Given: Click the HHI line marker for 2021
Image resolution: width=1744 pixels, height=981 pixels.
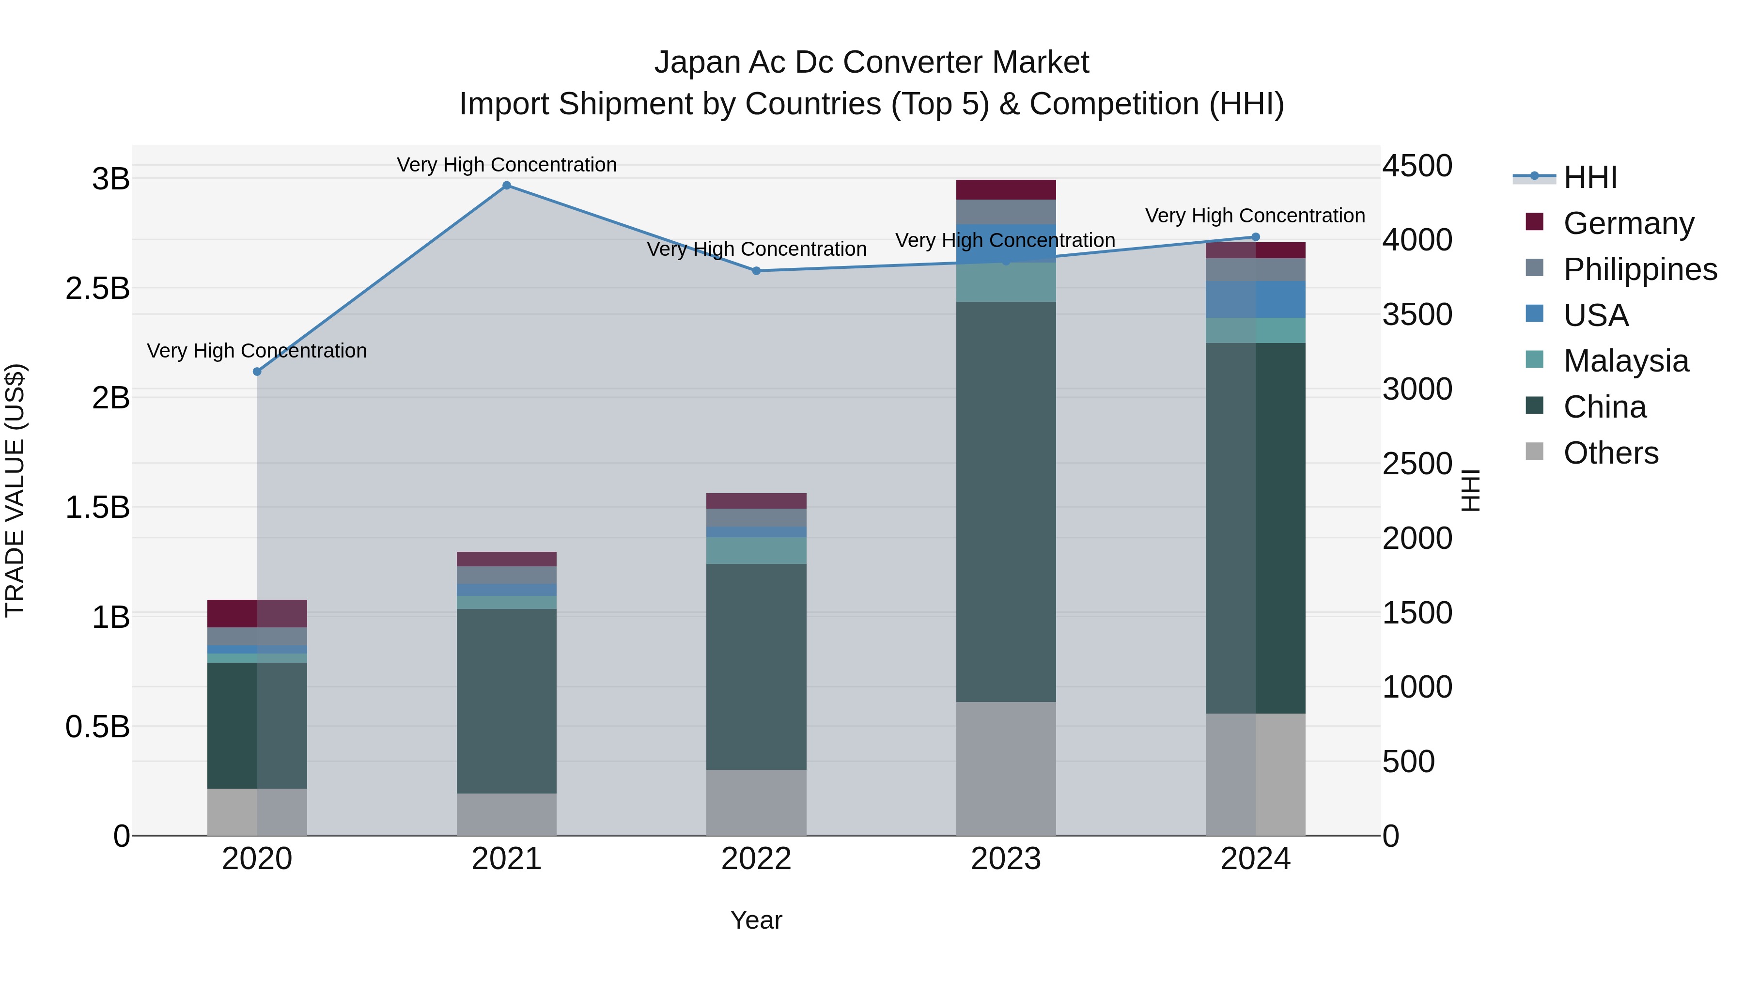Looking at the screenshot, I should point(506,186).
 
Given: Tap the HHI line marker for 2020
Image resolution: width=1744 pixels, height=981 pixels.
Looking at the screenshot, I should point(257,372).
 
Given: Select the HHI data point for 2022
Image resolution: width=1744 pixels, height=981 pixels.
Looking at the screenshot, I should point(756,271).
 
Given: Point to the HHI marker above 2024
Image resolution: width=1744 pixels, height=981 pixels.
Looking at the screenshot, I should point(1255,237).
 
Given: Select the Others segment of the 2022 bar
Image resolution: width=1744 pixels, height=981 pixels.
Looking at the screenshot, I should point(756,802).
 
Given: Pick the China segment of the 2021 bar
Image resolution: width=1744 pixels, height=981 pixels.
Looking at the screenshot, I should point(506,701).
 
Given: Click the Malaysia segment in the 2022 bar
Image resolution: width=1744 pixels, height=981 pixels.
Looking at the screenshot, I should point(756,550).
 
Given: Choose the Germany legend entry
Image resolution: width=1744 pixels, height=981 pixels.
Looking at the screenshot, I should point(1628,223).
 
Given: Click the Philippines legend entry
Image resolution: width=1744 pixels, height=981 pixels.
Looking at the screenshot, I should point(1640,269).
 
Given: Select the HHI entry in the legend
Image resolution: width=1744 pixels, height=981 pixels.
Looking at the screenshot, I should point(1589,177).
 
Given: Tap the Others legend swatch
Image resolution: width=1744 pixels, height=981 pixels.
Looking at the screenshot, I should point(1534,452).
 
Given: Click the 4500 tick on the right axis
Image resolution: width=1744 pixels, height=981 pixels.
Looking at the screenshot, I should point(1417,166).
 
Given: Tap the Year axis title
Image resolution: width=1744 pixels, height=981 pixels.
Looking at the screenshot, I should point(756,920).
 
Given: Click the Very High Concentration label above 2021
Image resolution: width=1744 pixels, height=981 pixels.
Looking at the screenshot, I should point(506,165).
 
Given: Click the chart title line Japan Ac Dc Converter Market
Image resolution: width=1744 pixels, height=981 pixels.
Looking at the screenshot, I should point(872,62).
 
